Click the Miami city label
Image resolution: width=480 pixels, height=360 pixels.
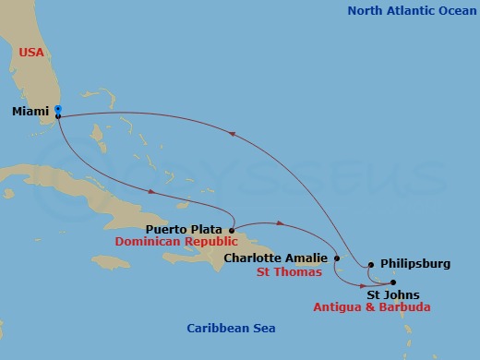30,112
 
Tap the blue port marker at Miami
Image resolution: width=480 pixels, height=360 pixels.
58,109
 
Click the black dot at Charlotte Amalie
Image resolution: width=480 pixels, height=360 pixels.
337,258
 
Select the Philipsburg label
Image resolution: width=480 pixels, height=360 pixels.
414,264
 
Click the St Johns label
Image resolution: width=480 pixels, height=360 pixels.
394,295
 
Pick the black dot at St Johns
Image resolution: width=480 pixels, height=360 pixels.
392,282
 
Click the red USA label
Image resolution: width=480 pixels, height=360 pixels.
32,53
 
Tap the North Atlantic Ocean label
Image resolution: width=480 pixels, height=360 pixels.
407,11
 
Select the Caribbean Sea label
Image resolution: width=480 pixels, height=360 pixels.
231,329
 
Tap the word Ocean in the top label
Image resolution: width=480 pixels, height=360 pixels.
448,11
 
